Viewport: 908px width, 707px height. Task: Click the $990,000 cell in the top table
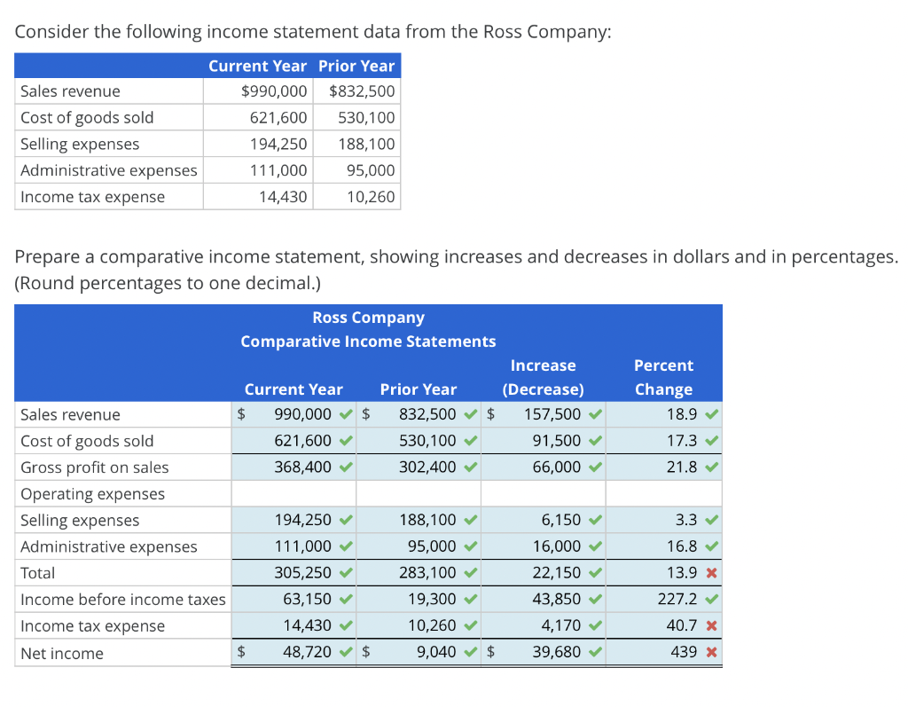(274, 91)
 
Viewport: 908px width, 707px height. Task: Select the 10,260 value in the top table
(371, 197)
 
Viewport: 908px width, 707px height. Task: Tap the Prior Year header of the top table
(356, 66)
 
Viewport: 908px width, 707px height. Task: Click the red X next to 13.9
(712, 573)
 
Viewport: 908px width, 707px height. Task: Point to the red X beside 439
(712, 653)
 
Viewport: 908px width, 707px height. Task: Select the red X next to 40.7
(712, 626)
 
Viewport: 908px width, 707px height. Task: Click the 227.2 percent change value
(677, 599)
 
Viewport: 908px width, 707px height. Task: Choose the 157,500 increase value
(552, 414)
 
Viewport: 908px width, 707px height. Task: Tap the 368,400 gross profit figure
(303, 467)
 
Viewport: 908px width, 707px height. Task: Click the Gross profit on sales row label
(94, 467)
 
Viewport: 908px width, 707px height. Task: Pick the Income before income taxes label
(122, 599)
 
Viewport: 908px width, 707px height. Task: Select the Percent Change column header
(663, 377)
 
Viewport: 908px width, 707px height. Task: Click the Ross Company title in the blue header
(368, 318)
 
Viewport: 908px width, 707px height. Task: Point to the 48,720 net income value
(307, 652)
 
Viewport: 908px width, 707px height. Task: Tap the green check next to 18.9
(712, 414)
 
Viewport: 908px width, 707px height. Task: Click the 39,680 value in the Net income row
(557, 652)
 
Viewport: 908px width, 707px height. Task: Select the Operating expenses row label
(92, 494)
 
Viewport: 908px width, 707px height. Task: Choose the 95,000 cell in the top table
(371, 170)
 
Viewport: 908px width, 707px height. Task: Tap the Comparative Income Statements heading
(368, 342)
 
